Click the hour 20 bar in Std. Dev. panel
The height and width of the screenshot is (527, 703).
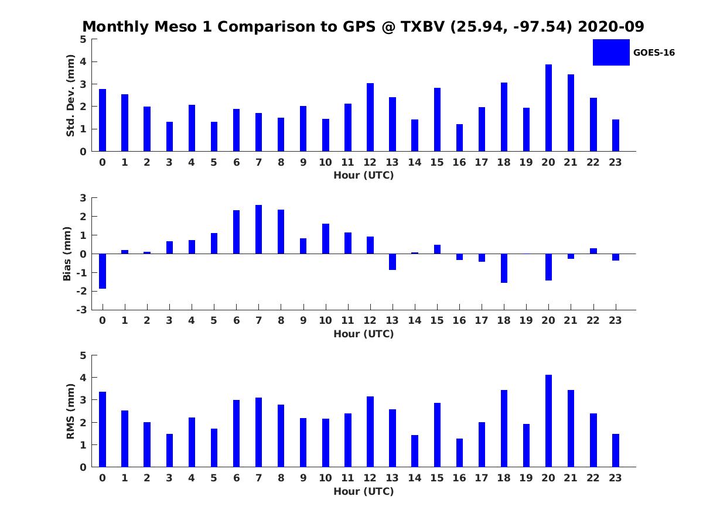click(x=548, y=108)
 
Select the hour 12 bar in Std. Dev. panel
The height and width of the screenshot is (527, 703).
click(x=370, y=117)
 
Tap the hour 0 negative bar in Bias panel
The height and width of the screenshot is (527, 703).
click(x=103, y=271)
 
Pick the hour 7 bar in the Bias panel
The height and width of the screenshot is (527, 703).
click(x=258, y=230)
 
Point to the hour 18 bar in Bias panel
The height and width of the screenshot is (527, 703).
click(x=504, y=268)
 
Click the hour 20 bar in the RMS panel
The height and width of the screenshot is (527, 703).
click(x=548, y=421)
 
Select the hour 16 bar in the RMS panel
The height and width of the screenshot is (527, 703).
click(x=459, y=453)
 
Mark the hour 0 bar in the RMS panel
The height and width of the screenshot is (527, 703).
click(x=103, y=429)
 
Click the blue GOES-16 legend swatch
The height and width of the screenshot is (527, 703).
click(x=611, y=53)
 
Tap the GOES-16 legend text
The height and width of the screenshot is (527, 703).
click(x=654, y=53)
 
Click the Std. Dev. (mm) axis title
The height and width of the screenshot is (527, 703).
click(x=70, y=95)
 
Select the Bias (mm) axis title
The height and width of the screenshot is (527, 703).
click(x=67, y=254)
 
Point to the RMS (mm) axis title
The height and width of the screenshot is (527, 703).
click(x=70, y=412)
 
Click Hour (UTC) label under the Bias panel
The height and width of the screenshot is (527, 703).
click(x=364, y=334)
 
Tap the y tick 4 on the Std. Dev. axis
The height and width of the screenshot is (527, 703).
click(x=83, y=61)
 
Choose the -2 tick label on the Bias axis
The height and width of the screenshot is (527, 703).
click(x=81, y=291)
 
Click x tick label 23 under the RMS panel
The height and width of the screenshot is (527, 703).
click(x=615, y=478)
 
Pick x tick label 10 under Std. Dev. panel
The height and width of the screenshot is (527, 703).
click(x=325, y=163)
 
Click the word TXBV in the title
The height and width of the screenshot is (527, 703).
click(x=423, y=26)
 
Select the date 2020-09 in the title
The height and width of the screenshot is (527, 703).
click(x=611, y=26)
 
